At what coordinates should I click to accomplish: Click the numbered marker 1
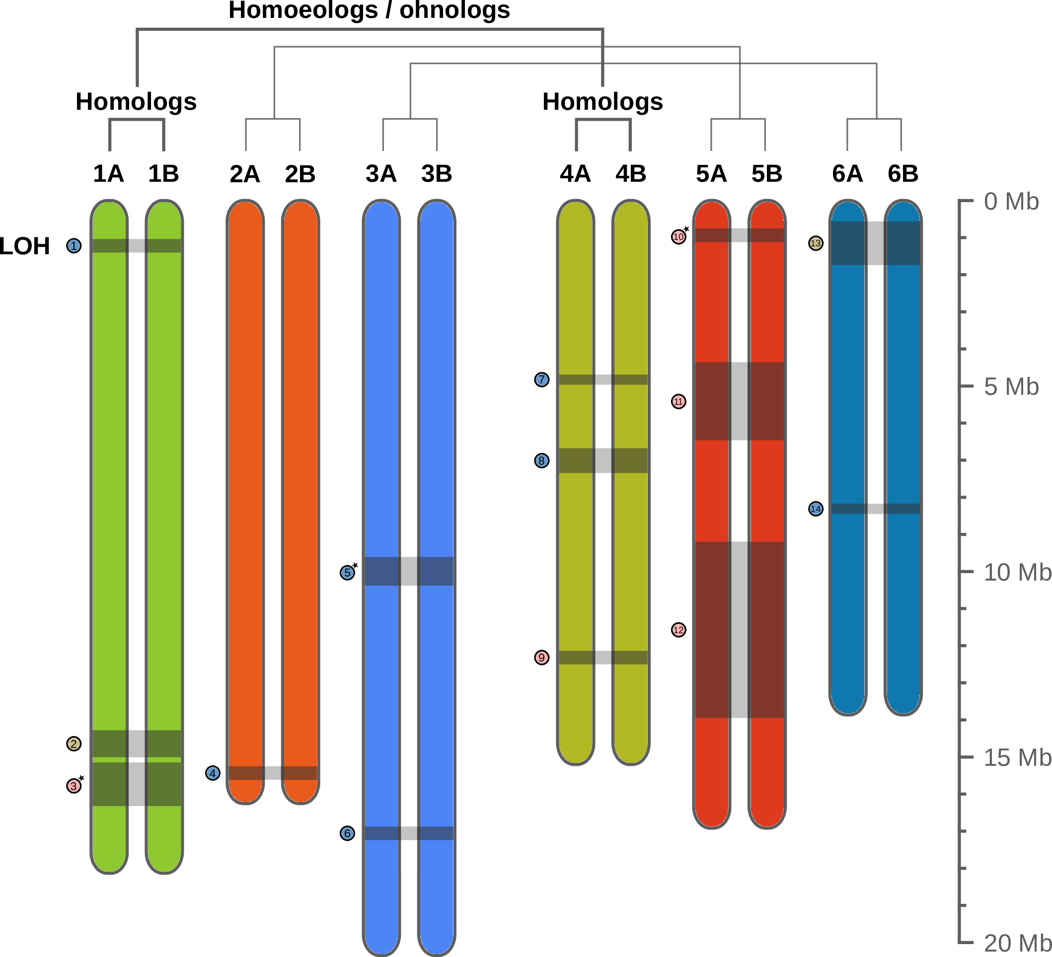pyautogui.click(x=74, y=246)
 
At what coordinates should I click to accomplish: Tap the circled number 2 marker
pyautogui.click(x=74, y=743)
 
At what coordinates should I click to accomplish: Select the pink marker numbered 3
pyautogui.click(x=74, y=786)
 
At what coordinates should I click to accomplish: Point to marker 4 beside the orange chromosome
pyautogui.click(x=213, y=773)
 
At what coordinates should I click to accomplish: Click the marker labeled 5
pyautogui.click(x=347, y=573)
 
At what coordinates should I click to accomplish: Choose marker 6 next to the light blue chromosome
pyautogui.click(x=347, y=833)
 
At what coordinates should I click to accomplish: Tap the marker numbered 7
pyautogui.click(x=542, y=380)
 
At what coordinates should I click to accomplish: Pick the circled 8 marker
pyautogui.click(x=542, y=461)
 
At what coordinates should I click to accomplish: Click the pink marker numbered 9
pyautogui.click(x=542, y=658)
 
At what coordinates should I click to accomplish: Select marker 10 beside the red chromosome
pyautogui.click(x=678, y=237)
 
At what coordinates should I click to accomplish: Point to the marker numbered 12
pyautogui.click(x=678, y=630)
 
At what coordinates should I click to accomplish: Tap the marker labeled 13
pyautogui.click(x=815, y=243)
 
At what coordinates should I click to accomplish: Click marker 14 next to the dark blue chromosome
pyautogui.click(x=815, y=509)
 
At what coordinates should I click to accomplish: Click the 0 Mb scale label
pyautogui.click(x=1011, y=202)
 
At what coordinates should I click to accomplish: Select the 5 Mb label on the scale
pyautogui.click(x=1011, y=387)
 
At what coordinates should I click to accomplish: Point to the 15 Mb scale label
pyautogui.click(x=1017, y=758)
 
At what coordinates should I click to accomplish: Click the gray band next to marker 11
pyautogui.click(x=739, y=401)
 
